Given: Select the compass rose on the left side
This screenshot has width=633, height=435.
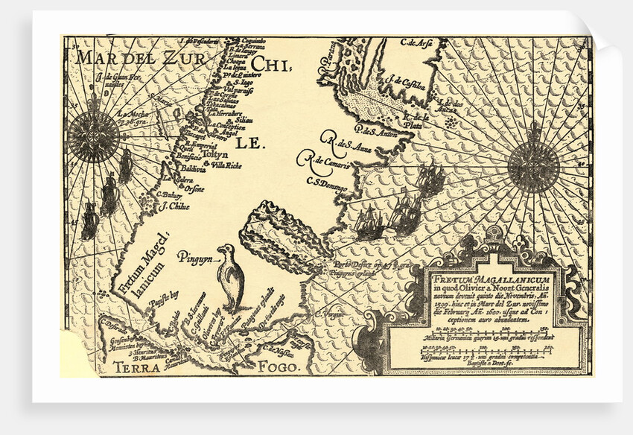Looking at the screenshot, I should [x=93, y=136].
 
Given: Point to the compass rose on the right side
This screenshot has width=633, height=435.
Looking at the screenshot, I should [x=533, y=166].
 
